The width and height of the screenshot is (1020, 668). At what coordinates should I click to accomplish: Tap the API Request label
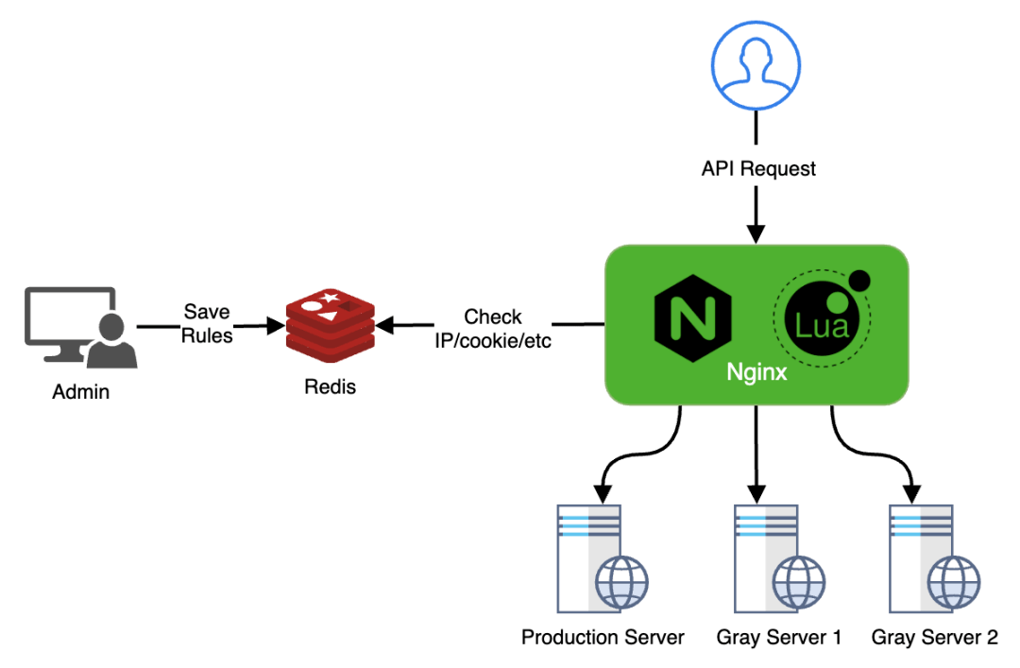click(x=757, y=169)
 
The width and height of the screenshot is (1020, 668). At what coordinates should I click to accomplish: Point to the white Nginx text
click(x=756, y=372)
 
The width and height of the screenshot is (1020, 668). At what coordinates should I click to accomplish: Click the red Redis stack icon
click(x=331, y=327)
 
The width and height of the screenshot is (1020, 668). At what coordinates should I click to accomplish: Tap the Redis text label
click(x=331, y=386)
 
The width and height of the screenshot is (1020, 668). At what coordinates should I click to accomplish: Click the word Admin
click(x=80, y=391)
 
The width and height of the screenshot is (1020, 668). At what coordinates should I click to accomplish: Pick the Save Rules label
click(x=208, y=323)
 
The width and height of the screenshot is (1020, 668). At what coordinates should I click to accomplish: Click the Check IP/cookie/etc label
click(x=493, y=328)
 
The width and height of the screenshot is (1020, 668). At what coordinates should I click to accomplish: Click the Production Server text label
click(x=603, y=637)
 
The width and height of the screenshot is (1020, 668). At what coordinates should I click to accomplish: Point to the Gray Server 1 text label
click(x=778, y=637)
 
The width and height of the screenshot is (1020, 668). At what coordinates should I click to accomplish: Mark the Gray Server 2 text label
click(x=934, y=637)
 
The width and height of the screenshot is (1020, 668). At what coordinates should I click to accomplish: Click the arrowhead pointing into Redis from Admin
click(x=276, y=327)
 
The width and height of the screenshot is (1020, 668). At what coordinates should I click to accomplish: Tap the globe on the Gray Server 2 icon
click(x=951, y=580)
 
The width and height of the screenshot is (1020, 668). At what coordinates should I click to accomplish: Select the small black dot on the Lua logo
click(x=858, y=280)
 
